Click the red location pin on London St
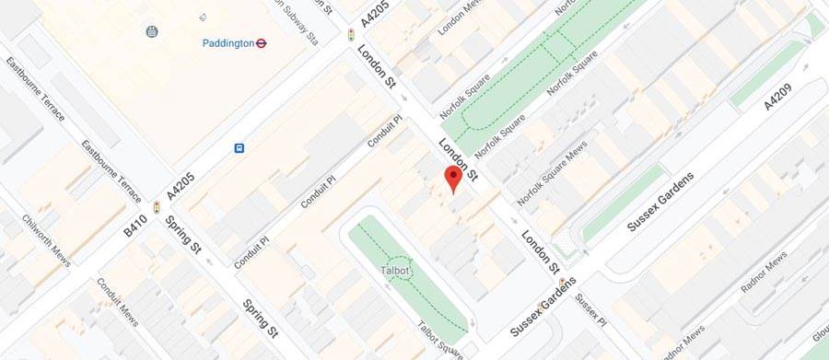click(452, 178)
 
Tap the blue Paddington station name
click(228, 42)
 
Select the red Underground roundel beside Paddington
click(262, 42)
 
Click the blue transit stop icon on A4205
click(239, 147)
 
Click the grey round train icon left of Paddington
click(152, 31)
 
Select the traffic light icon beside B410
click(157, 208)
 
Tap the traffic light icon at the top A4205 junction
click(350, 35)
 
